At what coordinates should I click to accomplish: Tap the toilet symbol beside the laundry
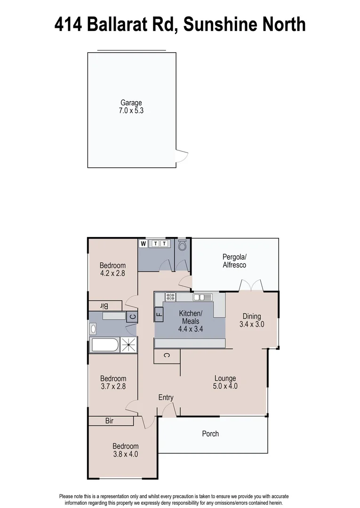pyautogui.click(x=183, y=246)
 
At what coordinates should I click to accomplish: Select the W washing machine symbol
pyautogui.click(x=144, y=243)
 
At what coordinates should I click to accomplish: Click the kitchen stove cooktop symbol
pyautogui.click(x=170, y=297)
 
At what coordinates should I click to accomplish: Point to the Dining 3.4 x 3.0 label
pyautogui.click(x=252, y=320)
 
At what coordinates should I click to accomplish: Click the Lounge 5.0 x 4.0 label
pyautogui.click(x=225, y=382)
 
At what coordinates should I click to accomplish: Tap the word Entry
pyautogui.click(x=166, y=397)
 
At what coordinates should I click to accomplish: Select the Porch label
pyautogui.click(x=210, y=434)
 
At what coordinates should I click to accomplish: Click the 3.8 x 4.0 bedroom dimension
pyautogui.click(x=125, y=454)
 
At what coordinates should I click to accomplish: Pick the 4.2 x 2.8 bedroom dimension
pyautogui.click(x=112, y=273)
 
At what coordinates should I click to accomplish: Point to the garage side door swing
pyautogui.click(x=181, y=155)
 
